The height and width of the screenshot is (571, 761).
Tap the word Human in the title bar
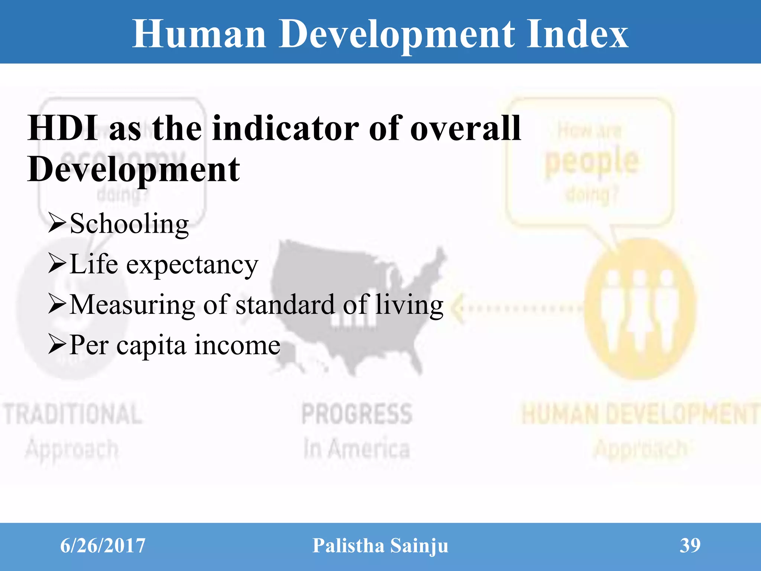[199, 34]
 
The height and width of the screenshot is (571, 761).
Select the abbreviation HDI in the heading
[63, 129]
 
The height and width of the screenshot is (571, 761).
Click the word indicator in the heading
[285, 129]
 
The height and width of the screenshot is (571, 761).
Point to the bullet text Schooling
[129, 225]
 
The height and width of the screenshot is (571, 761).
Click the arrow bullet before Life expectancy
[57, 264]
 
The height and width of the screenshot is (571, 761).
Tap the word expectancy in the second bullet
[192, 265]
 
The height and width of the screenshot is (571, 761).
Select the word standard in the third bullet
[285, 305]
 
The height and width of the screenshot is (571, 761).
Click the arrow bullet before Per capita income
[57, 345]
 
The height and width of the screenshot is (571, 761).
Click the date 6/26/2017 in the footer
[103, 546]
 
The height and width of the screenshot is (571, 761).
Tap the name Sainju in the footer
[419, 546]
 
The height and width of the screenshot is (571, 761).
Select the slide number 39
[690, 545]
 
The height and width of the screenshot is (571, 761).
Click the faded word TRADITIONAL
[73, 414]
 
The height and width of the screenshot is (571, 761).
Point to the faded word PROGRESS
[357, 414]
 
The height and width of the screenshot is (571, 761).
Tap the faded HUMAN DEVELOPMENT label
[639, 414]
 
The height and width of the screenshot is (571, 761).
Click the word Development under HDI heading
[133, 170]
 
